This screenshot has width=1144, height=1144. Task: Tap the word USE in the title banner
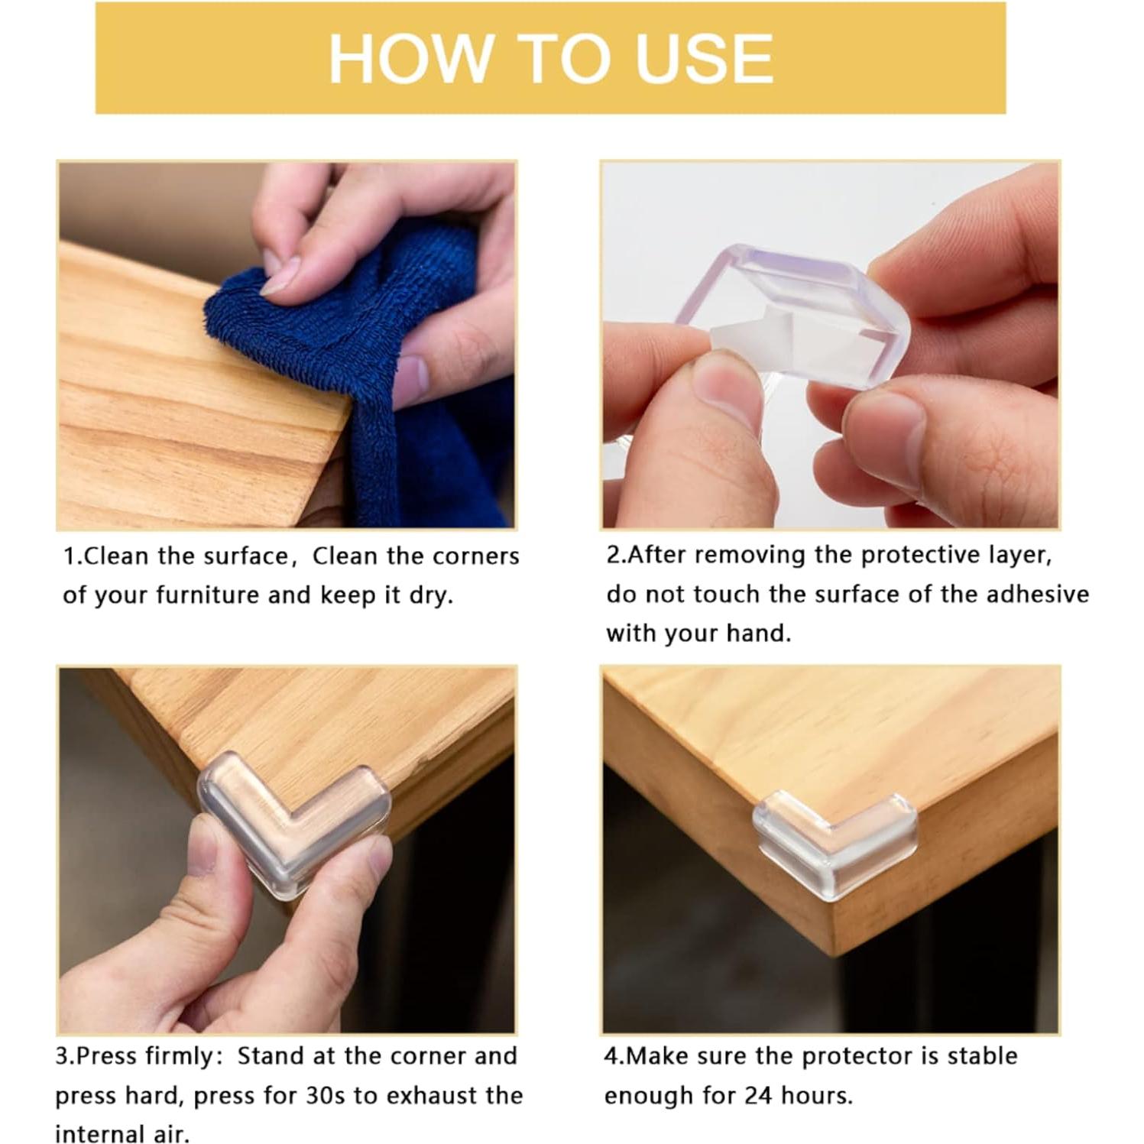coord(704,59)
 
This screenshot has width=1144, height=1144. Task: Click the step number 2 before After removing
coord(613,556)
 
